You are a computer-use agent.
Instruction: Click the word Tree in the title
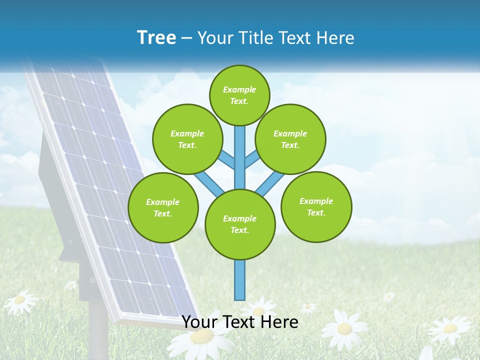point(156,37)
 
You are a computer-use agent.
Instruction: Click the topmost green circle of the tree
point(239,95)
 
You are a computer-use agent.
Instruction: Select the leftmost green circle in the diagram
point(163,207)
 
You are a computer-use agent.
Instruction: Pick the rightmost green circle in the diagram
point(316,206)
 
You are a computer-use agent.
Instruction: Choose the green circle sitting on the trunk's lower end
point(240,224)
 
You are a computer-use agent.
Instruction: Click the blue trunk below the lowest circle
point(240,280)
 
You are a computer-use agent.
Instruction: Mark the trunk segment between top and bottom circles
point(240,157)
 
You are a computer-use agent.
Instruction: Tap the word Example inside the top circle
point(239,89)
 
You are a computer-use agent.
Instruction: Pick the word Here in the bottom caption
point(280,322)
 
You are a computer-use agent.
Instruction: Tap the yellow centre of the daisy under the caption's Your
point(201,336)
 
